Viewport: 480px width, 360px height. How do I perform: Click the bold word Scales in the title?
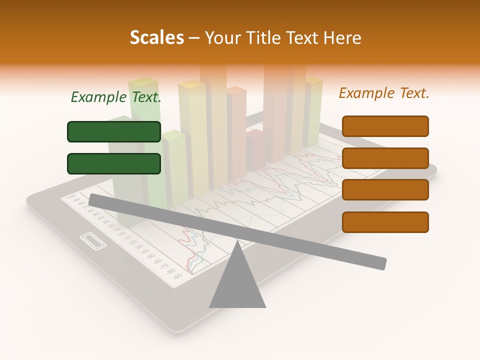(x=156, y=38)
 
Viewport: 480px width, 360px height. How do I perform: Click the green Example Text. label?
(x=116, y=97)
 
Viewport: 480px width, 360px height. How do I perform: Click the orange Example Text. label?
(x=384, y=93)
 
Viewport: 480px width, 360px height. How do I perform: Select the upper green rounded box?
(x=114, y=131)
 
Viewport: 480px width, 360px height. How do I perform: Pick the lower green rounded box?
(x=114, y=163)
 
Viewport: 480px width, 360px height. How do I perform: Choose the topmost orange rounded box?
(x=385, y=126)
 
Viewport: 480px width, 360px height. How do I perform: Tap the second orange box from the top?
(x=385, y=158)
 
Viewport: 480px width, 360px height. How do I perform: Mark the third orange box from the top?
(x=385, y=190)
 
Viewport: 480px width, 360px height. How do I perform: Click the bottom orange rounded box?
(x=385, y=222)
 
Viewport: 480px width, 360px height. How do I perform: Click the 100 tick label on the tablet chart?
(x=70, y=196)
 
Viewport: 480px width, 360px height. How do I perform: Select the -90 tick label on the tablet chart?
(x=177, y=275)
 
